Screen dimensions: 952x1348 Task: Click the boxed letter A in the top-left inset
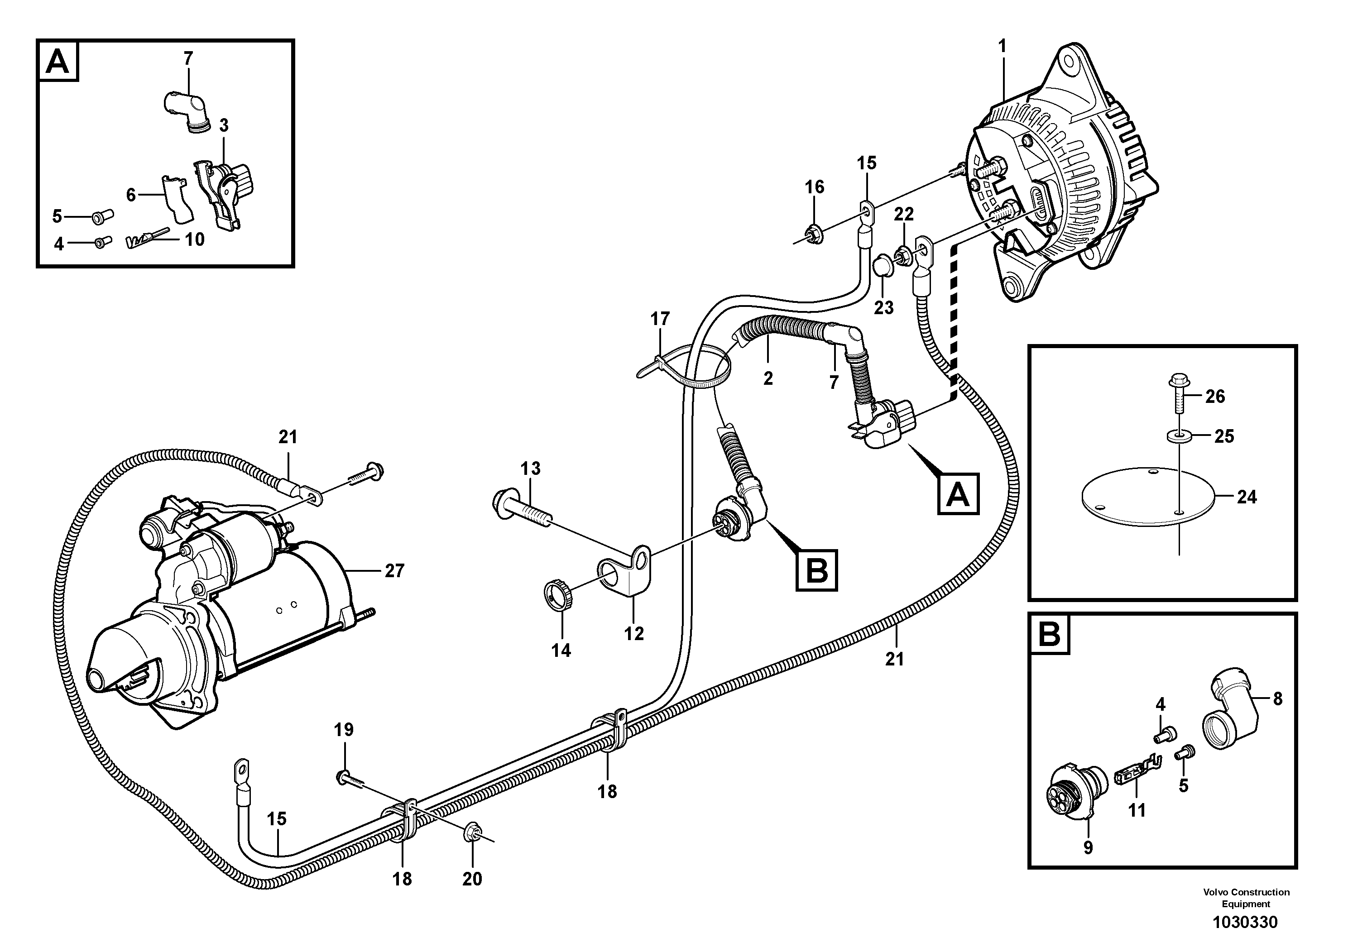[58, 61]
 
